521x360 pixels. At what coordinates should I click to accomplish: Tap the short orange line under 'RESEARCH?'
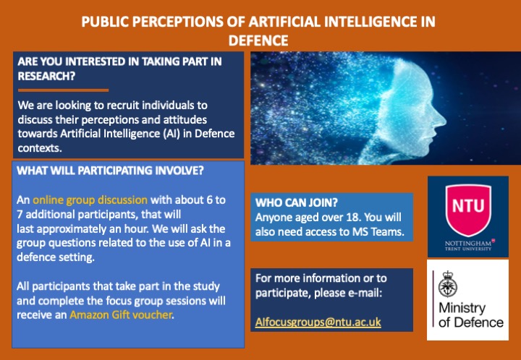[63, 90]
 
